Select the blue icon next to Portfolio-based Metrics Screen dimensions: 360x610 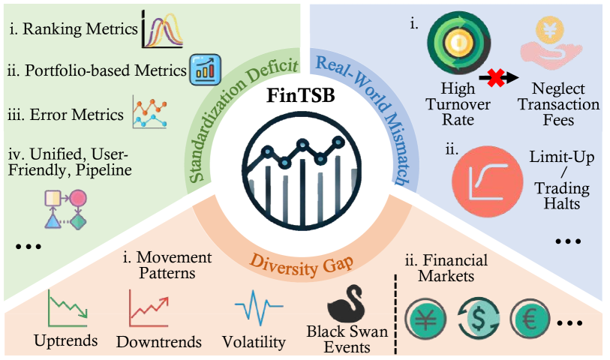pos(201,68)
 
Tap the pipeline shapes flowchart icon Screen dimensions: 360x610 pos(65,209)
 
